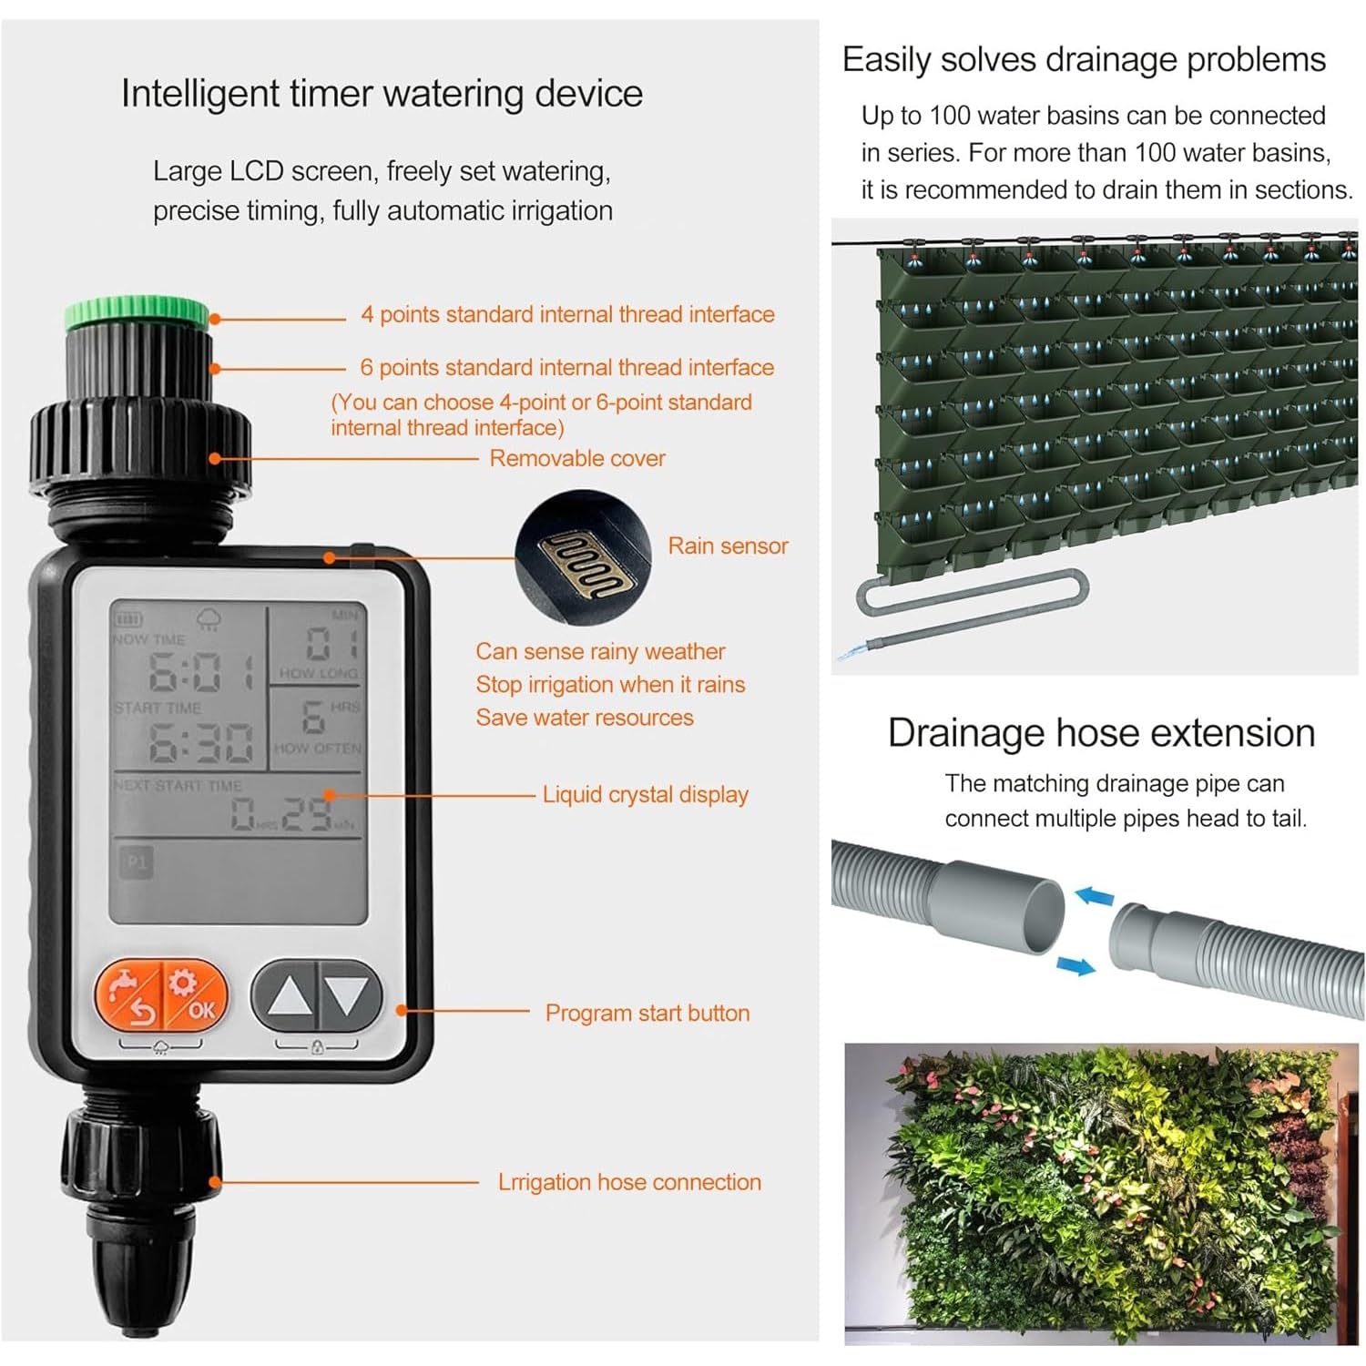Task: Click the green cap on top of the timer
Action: coord(138,312)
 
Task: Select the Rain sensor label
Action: coord(728,545)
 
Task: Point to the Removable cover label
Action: coord(577,458)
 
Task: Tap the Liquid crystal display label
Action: coord(645,794)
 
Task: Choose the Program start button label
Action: coord(647,1013)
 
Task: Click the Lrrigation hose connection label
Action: coord(629,1182)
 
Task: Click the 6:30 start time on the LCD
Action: coord(201,742)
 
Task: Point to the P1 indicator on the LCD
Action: coord(137,861)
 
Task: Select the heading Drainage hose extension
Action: coord(1101,733)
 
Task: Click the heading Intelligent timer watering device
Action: coord(382,93)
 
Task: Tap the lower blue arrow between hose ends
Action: coord(1075,964)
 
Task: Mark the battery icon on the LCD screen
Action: coord(127,619)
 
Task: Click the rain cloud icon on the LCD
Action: coord(209,619)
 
